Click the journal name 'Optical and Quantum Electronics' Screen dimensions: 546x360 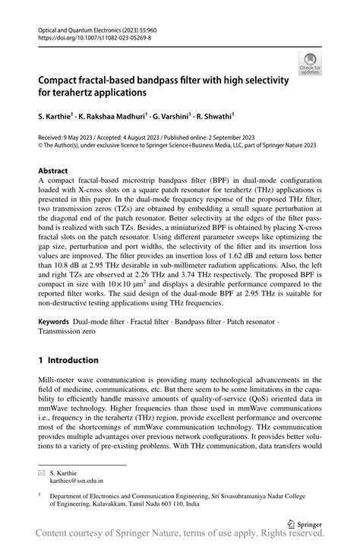coord(74,26)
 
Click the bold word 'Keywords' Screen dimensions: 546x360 coord(58,322)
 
